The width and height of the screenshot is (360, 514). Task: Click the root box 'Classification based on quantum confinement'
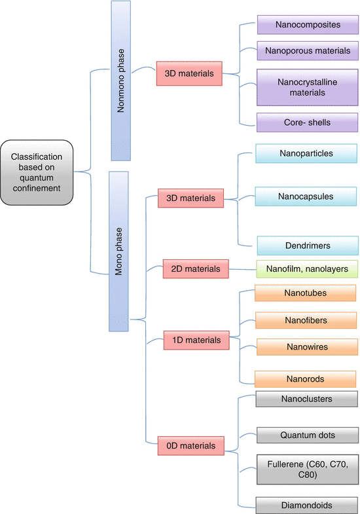coord(37,172)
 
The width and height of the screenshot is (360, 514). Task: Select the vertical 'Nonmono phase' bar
coord(121,81)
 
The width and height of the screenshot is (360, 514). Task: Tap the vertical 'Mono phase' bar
coord(118,251)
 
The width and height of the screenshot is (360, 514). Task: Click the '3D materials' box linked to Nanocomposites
coord(189,73)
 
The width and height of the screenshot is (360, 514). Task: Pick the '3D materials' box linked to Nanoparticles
coord(190,198)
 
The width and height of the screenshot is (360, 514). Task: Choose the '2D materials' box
coord(196,269)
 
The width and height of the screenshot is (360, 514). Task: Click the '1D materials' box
coord(196,340)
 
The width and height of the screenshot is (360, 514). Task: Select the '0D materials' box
coord(191,446)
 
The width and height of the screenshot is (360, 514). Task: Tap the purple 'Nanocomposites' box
coord(308,25)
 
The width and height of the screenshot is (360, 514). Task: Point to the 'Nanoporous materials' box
coord(308,51)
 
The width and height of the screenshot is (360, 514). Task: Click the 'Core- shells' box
coord(307,122)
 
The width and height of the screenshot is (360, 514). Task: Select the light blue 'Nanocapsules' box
coord(306,196)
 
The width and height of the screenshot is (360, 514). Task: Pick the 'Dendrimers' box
coord(308,246)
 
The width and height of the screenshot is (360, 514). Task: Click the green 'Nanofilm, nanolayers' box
coord(307,269)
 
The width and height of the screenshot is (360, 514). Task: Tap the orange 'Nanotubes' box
coord(306,293)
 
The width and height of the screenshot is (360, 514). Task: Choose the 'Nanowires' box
coord(307,347)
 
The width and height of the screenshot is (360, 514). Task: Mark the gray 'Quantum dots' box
coord(308,435)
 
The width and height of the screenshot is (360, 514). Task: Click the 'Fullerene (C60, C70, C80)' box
coord(308,469)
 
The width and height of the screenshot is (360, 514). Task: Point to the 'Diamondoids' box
coord(307,505)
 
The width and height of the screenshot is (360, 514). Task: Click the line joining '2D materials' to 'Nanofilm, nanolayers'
coord(242,270)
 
